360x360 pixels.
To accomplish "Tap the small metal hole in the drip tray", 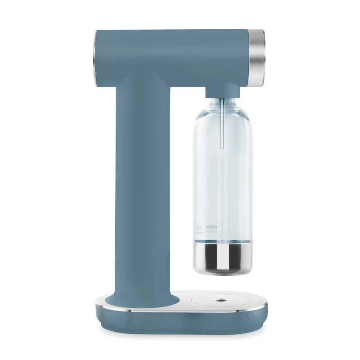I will click(221, 299).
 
